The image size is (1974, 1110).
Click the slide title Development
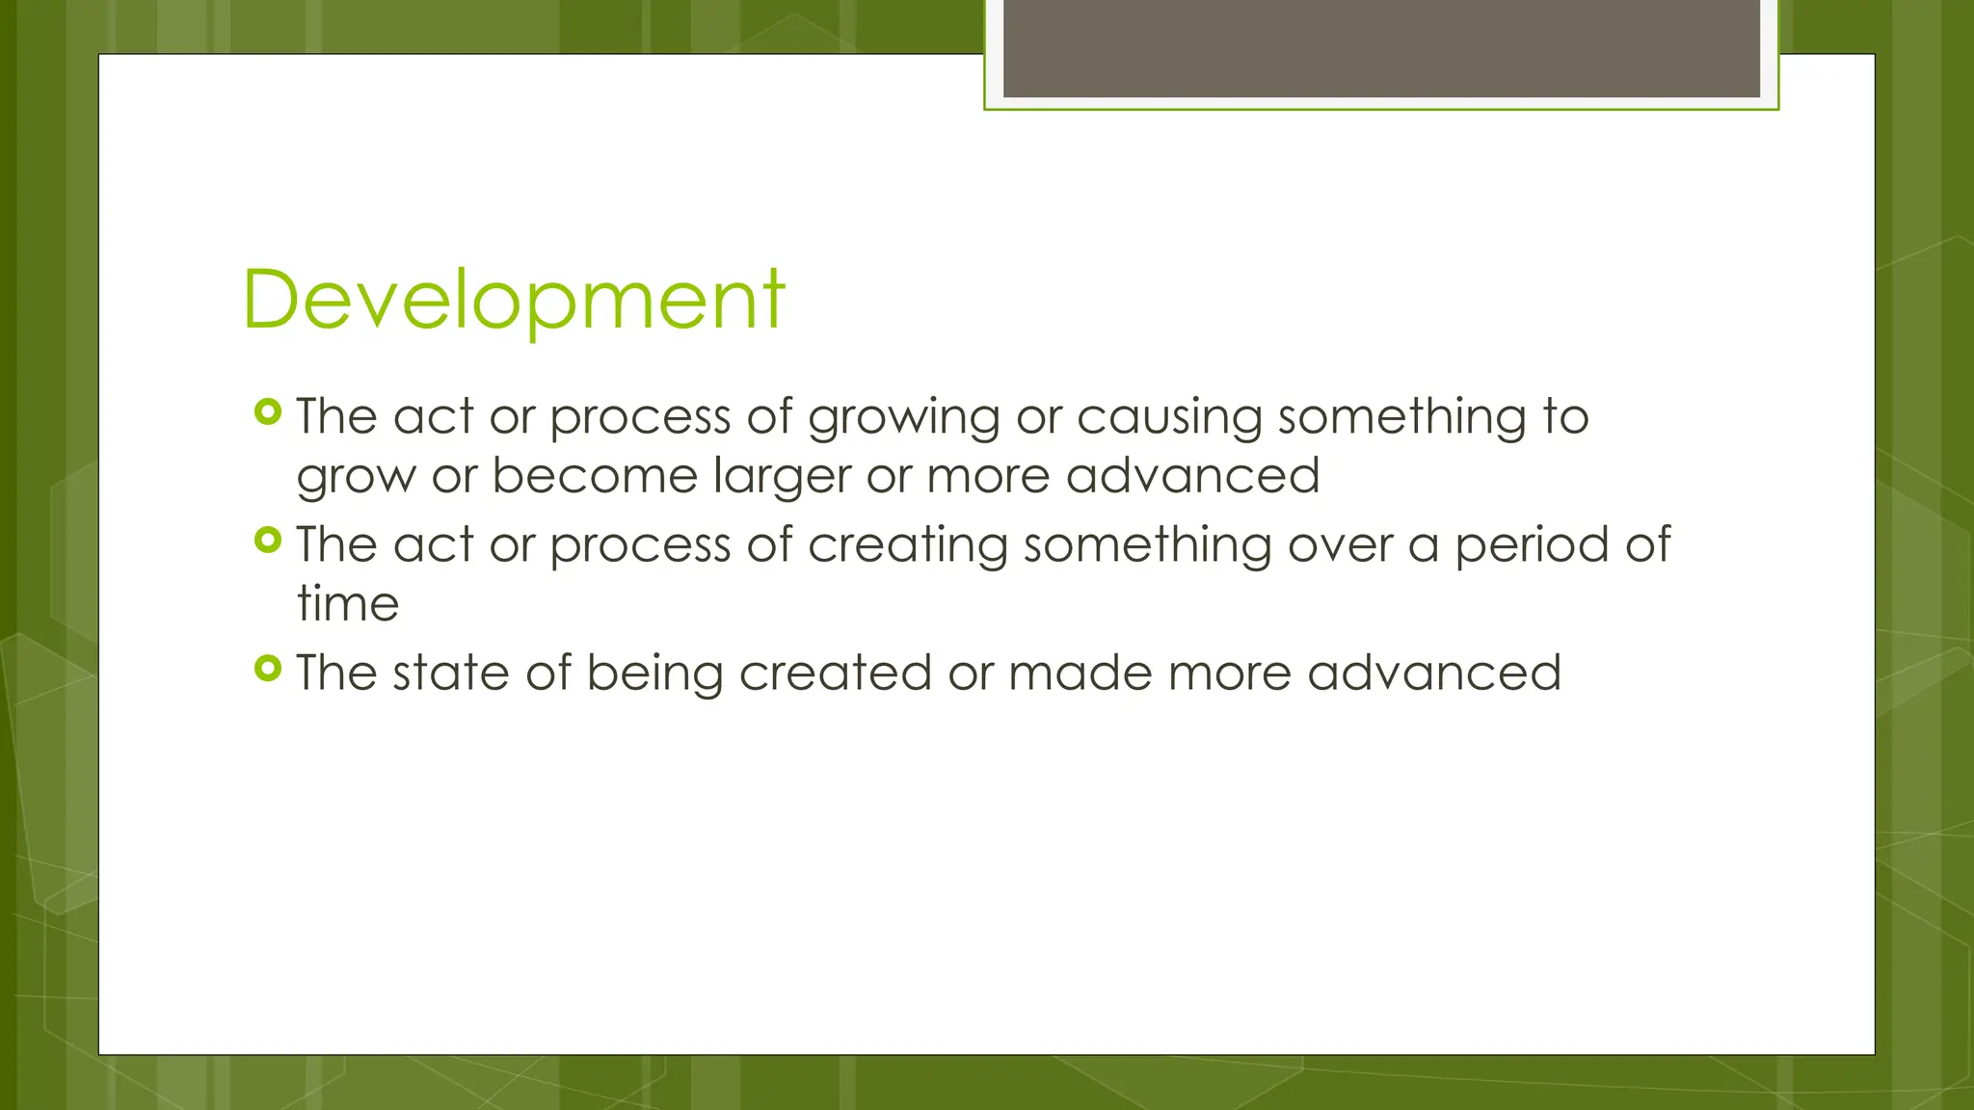tap(514, 300)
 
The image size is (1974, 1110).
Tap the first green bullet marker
tap(267, 412)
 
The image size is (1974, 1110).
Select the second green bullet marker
tap(267, 541)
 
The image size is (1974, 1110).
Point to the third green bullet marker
tap(267, 668)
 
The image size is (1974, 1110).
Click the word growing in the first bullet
tap(903, 418)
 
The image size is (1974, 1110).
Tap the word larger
tap(783, 476)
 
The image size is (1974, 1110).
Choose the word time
tap(347, 604)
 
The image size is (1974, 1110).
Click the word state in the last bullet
tap(451, 673)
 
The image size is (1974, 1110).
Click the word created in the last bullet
tap(835, 673)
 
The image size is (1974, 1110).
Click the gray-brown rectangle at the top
tap(1381, 48)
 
